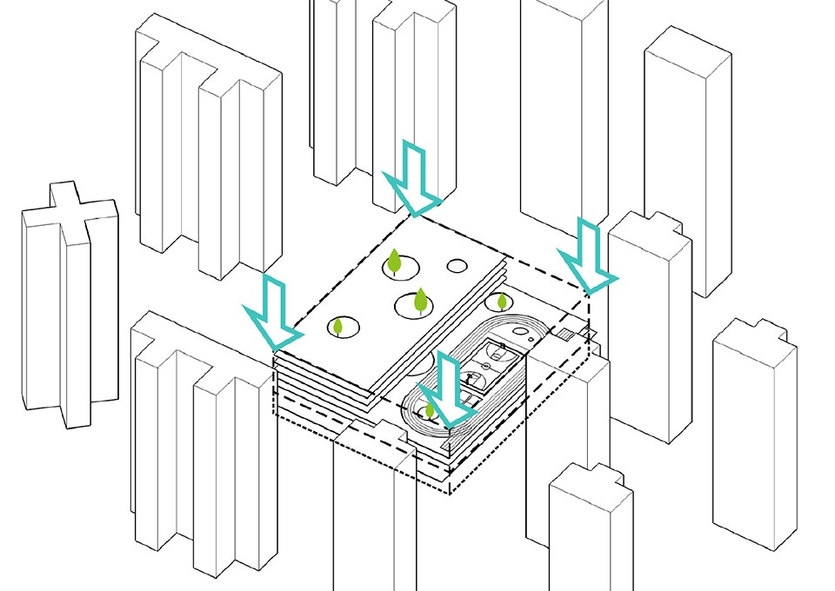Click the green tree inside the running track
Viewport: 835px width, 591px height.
click(x=429, y=409)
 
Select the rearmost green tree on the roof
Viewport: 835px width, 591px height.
click(x=394, y=261)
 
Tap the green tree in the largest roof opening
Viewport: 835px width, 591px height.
click(x=420, y=300)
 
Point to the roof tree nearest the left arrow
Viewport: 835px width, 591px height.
click(x=338, y=327)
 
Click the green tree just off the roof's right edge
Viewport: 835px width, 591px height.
click(x=502, y=302)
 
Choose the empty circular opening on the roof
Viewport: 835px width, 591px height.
click(x=458, y=265)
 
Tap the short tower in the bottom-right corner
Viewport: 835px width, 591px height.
click(x=591, y=521)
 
